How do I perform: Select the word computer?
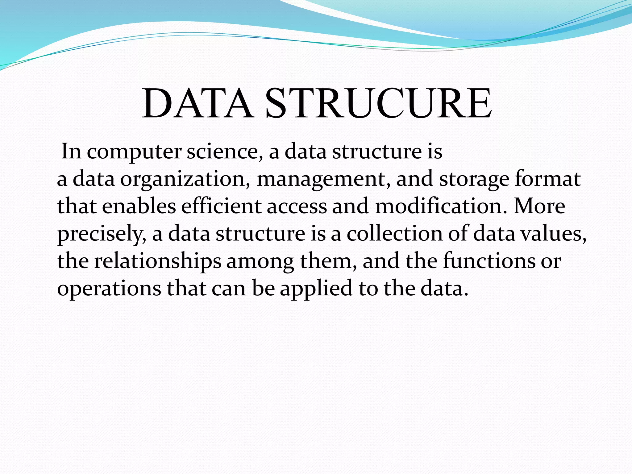click(x=134, y=152)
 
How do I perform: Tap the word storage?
click(x=474, y=180)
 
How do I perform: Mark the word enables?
click(x=139, y=206)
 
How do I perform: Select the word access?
click(x=297, y=207)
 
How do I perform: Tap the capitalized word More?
click(x=539, y=206)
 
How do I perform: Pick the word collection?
click(x=395, y=234)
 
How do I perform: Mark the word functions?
click(x=489, y=261)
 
